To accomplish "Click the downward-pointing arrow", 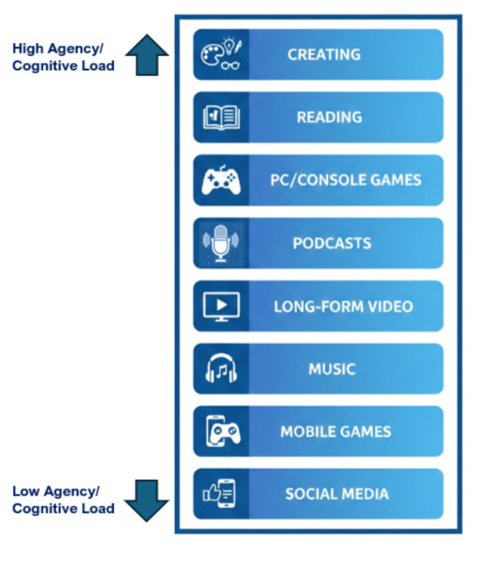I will [x=147, y=499].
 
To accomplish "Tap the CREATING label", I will [x=324, y=54].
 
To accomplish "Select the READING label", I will [x=329, y=117].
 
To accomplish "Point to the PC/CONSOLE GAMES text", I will [x=346, y=180].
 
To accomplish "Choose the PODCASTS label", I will [x=332, y=243].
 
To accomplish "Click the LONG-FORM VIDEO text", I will [x=343, y=306].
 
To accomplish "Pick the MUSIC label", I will [x=332, y=369].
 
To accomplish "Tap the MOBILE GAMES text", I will [x=335, y=432].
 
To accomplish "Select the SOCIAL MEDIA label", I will [x=337, y=494].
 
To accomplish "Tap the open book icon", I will [x=221, y=118].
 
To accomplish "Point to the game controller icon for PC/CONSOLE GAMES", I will [x=221, y=181].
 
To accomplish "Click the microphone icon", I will [x=221, y=244].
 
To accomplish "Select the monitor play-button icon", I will [x=221, y=306].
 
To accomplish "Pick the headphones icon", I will [x=221, y=369].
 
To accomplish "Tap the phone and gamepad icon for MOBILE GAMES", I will [x=221, y=432].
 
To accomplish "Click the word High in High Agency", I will [x=27, y=49].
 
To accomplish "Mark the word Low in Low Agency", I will [x=25, y=491].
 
